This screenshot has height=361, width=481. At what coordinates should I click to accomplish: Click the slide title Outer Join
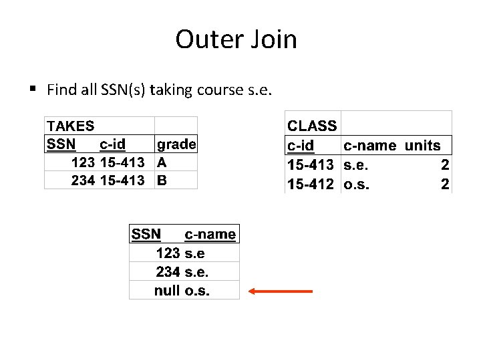click(x=236, y=39)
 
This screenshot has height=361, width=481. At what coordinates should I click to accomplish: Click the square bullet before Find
click(x=32, y=89)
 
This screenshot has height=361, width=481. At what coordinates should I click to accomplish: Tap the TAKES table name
click(x=70, y=126)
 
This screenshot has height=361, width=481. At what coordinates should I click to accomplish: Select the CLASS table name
click(x=311, y=126)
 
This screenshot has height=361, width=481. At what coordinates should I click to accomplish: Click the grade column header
click(x=176, y=144)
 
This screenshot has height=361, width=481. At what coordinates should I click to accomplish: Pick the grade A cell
click(x=162, y=162)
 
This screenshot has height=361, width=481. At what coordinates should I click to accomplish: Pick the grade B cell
click(x=162, y=180)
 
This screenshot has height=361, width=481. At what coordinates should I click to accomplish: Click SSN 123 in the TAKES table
click(x=83, y=162)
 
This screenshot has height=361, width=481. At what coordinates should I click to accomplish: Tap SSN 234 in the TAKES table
click(x=83, y=180)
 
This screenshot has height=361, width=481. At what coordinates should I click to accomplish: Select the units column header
click(x=423, y=146)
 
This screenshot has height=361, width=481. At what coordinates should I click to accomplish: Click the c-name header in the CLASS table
click(x=369, y=146)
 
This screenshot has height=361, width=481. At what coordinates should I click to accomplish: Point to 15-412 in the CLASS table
click(x=310, y=184)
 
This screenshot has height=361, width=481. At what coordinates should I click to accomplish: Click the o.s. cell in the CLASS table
click(x=356, y=184)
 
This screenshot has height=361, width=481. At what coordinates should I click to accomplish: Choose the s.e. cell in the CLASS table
click(x=356, y=164)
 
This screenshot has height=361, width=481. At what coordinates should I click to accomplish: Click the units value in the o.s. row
click(x=445, y=184)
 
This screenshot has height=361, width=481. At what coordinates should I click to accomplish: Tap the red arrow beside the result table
click(x=280, y=291)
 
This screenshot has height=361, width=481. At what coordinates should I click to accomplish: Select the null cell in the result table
click(x=166, y=291)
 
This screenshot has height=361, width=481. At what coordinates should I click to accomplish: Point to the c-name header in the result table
click(x=210, y=235)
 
